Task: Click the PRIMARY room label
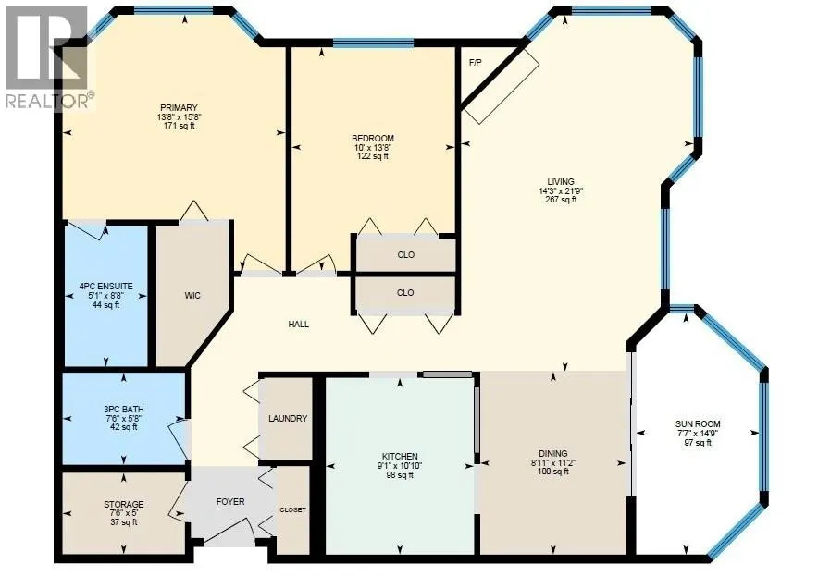[x=178, y=108]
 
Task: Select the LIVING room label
[x=561, y=181]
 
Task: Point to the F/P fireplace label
[x=476, y=62]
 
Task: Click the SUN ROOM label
[x=699, y=425]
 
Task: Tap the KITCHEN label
[x=401, y=457]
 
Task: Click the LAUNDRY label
[x=288, y=419]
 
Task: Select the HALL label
[x=299, y=325]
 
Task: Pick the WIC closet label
[x=192, y=296]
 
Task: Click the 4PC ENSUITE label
[x=106, y=287]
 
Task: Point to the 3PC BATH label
[x=123, y=409]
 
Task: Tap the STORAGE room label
[x=123, y=505]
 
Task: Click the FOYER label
[x=230, y=502]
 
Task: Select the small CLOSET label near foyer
[x=293, y=510]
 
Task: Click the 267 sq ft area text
[x=561, y=200]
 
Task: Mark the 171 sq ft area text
[x=178, y=126]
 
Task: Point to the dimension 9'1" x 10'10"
[x=401, y=466]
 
